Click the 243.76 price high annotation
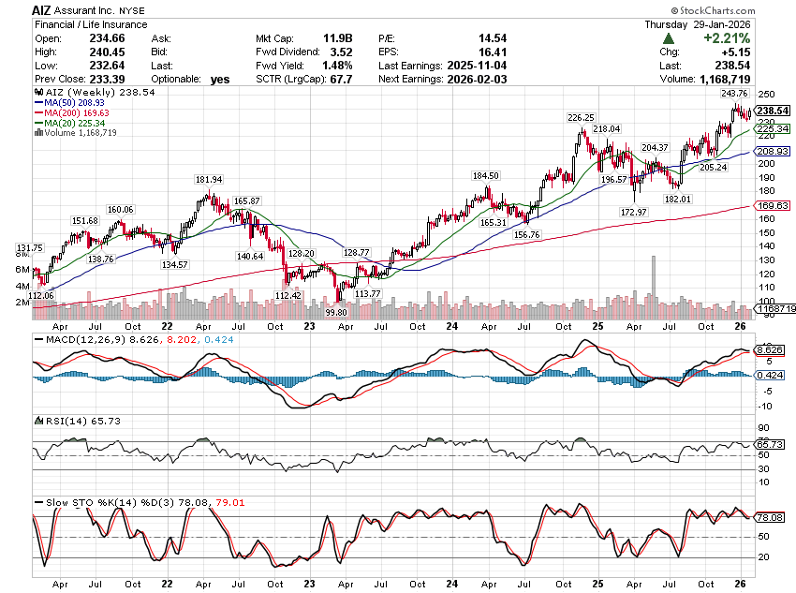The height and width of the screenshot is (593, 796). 734,93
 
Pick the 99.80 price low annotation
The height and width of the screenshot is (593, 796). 337,311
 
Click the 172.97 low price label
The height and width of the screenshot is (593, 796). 634,213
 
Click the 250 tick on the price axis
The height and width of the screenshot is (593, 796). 767,96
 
